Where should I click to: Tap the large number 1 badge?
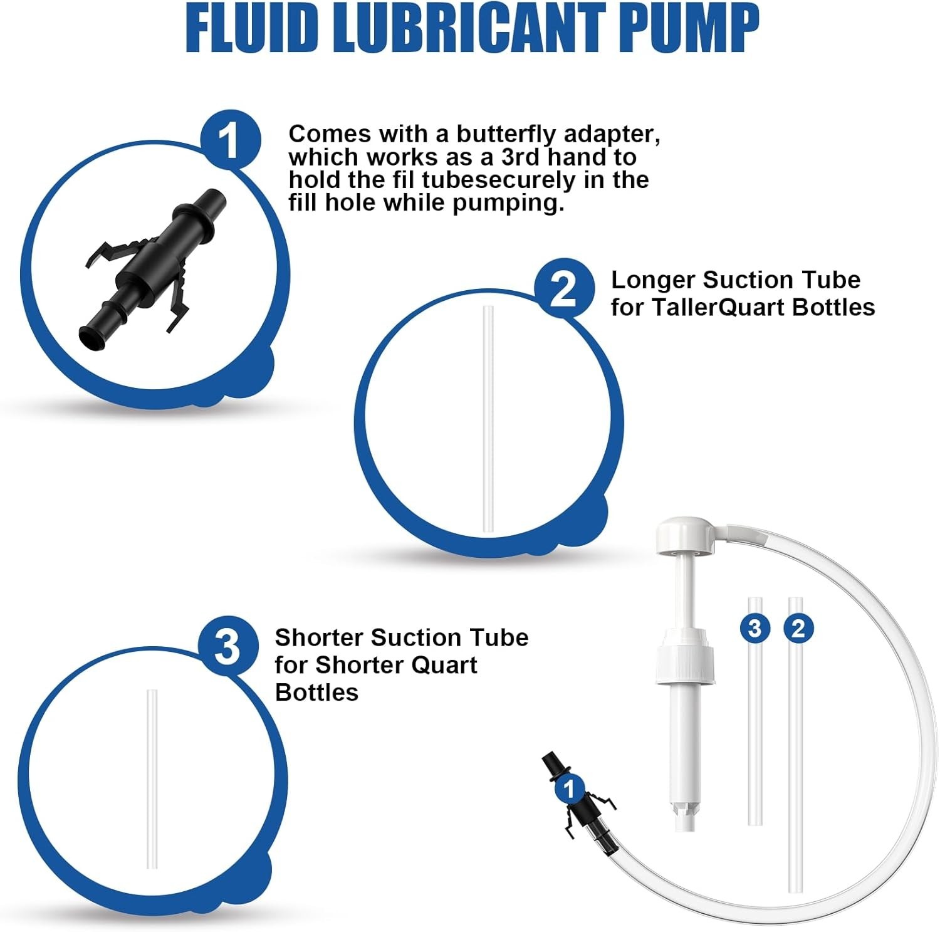click(x=231, y=139)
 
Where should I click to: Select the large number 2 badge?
click(x=564, y=289)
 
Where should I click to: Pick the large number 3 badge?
click(x=228, y=646)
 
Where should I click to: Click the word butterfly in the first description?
click(x=506, y=134)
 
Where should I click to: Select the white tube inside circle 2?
click(x=488, y=419)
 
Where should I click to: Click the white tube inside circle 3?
click(x=152, y=779)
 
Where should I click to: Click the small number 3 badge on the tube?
click(x=755, y=628)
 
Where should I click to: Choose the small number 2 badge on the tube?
click(x=798, y=628)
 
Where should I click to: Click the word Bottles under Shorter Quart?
click(x=316, y=693)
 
